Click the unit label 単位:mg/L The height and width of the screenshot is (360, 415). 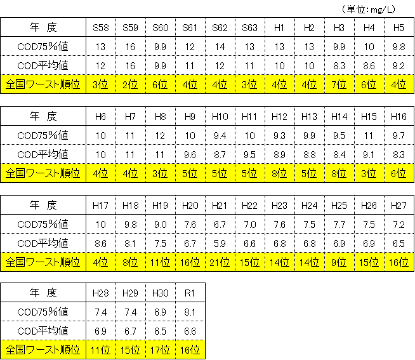click(x=369, y=10)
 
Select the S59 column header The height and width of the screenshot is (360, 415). click(x=131, y=27)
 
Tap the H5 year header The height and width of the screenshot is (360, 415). click(x=399, y=27)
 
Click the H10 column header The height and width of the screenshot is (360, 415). click(x=220, y=117)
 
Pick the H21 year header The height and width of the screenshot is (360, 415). click(x=220, y=205)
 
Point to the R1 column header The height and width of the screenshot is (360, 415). click(x=190, y=293)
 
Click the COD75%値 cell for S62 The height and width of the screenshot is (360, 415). click(x=220, y=46)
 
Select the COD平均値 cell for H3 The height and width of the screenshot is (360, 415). click(x=339, y=65)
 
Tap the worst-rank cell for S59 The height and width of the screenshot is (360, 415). click(x=131, y=84)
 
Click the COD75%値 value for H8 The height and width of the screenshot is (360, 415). click(x=160, y=136)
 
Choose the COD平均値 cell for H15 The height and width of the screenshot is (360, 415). click(x=369, y=154)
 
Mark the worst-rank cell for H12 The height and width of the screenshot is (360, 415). click(x=279, y=173)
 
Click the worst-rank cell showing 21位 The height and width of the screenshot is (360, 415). click(x=220, y=262)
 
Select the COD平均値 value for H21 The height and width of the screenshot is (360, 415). click(x=220, y=243)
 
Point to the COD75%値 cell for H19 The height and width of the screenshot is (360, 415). click(x=160, y=225)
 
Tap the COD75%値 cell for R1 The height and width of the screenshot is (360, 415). click(x=190, y=312)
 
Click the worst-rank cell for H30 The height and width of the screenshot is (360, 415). click(x=160, y=350)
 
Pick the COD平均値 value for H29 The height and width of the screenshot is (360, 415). click(x=131, y=331)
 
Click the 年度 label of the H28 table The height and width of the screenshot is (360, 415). click(x=43, y=293)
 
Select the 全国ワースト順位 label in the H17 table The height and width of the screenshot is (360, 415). click(x=43, y=262)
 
